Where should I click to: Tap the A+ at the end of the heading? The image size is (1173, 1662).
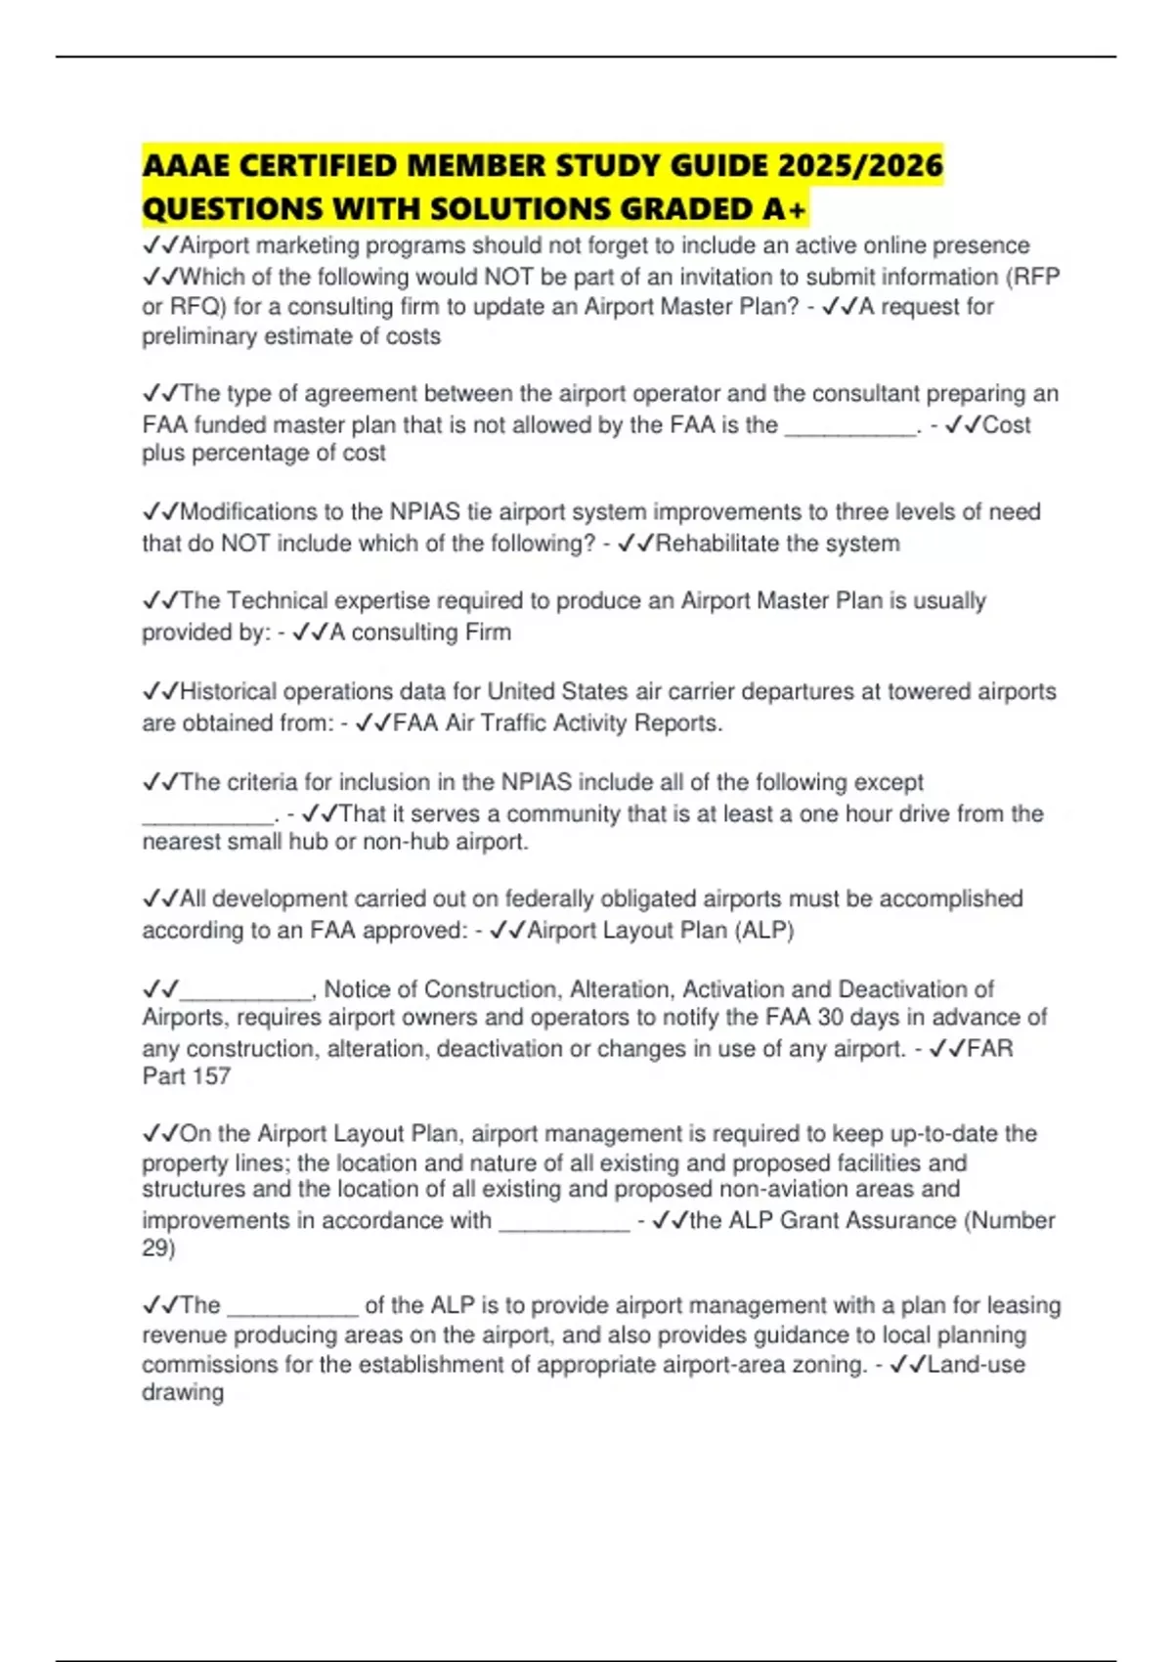coord(784,209)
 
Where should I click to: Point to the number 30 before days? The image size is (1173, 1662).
coord(831,1018)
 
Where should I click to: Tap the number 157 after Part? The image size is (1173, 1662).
coord(211,1076)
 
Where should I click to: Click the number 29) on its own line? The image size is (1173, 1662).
coord(158,1248)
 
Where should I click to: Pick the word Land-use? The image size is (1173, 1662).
coord(977,1365)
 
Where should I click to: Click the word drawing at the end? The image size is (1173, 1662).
coord(183,1392)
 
